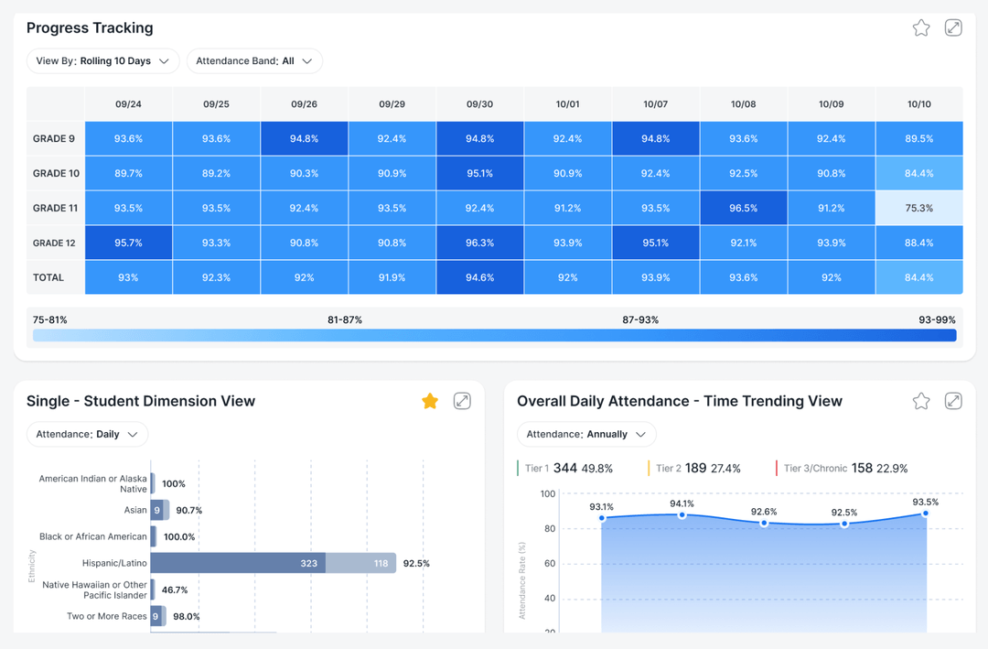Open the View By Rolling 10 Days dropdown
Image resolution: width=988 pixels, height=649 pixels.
click(x=102, y=61)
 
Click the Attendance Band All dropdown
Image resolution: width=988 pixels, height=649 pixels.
click(x=254, y=61)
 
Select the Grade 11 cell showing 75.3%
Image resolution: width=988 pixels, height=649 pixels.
click(x=918, y=208)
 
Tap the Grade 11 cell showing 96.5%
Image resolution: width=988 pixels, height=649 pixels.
click(x=743, y=208)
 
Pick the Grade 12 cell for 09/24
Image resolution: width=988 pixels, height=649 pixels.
click(x=129, y=243)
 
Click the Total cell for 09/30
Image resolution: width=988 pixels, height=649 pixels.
click(x=479, y=277)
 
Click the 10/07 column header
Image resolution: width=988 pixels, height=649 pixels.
click(x=655, y=104)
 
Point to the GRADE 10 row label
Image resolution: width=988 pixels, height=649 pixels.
click(x=56, y=173)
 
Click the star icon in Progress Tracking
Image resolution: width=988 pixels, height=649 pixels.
click(x=921, y=27)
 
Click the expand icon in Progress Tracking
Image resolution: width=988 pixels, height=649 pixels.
click(x=953, y=27)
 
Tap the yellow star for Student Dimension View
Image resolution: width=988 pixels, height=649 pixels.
click(x=430, y=401)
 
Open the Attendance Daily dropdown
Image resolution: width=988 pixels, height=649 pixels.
click(x=87, y=435)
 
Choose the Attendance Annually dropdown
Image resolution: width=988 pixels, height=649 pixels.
click(x=586, y=435)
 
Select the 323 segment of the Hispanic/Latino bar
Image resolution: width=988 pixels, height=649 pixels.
click(x=238, y=563)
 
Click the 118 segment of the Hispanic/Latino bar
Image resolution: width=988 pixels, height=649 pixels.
click(x=361, y=563)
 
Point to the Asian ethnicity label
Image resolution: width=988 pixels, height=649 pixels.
click(x=135, y=510)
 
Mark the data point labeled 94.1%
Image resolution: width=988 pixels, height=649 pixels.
click(x=682, y=515)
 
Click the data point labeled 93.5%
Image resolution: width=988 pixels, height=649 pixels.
click(x=925, y=514)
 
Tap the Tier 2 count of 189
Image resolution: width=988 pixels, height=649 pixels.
click(x=695, y=468)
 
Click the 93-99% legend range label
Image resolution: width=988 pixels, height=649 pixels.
click(x=937, y=319)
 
